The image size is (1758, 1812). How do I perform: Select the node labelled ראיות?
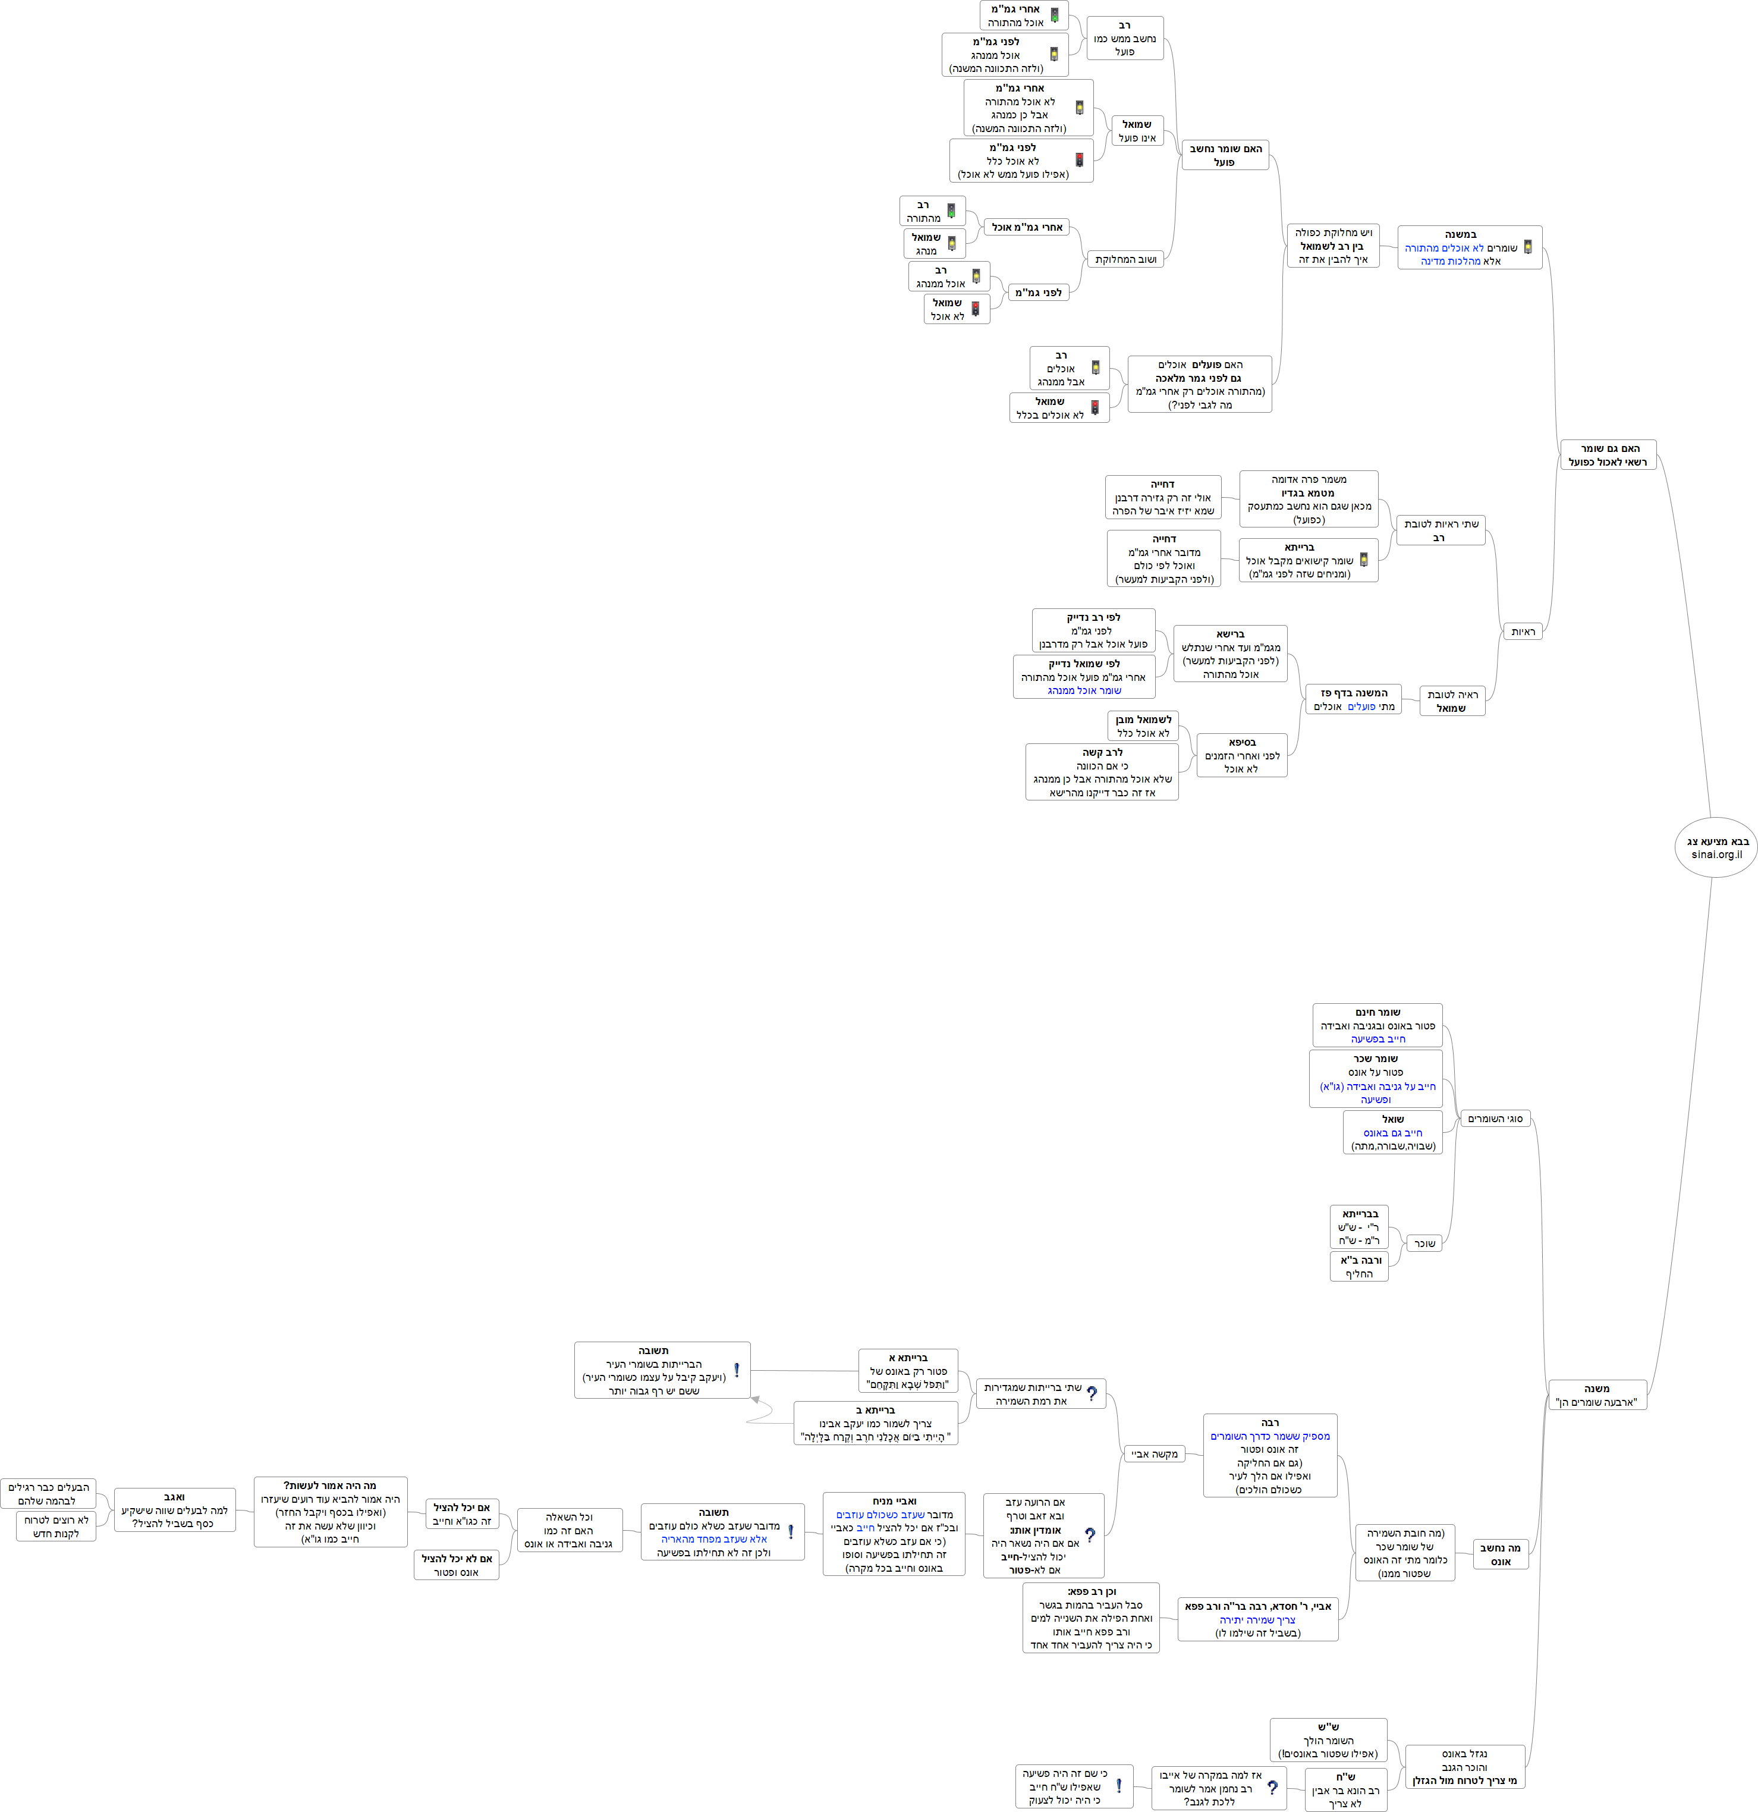pos(1523,632)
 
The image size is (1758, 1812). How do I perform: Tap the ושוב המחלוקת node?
pos(1125,260)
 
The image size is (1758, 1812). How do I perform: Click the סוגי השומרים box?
pos(1495,1119)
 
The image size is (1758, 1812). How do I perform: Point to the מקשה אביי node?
pos(1155,1454)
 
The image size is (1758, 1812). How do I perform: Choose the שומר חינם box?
pos(1377,1025)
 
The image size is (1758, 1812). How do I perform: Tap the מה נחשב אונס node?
pos(1499,1554)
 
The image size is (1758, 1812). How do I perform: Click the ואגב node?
pos(175,1510)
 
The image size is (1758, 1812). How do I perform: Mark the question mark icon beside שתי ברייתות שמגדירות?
pos(1092,1393)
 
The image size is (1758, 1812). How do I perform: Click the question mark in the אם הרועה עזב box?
pos(1090,1535)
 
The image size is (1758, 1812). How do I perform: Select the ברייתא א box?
pos(908,1371)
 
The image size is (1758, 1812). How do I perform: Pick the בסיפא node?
pos(1241,755)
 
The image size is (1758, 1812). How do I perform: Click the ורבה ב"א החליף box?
pos(1360,1267)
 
